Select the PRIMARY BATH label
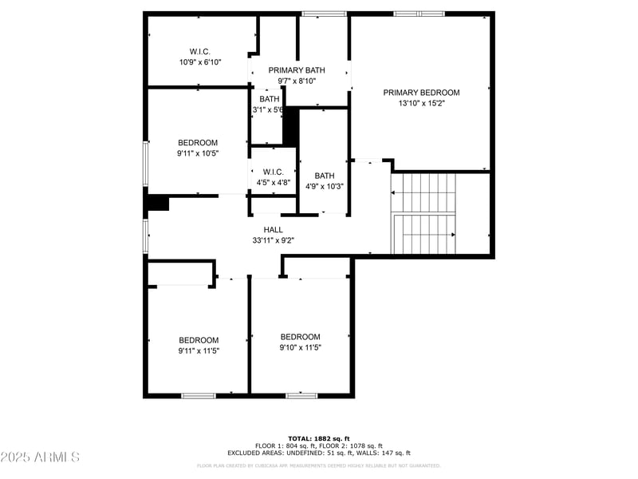click(x=297, y=70)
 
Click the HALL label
click(x=274, y=230)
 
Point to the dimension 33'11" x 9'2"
click(x=274, y=240)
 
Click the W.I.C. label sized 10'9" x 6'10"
click(x=199, y=51)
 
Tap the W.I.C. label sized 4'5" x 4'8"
click(x=274, y=172)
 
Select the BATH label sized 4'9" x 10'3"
click(x=325, y=176)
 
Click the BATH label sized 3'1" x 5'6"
click(x=269, y=99)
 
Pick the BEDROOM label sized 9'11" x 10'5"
click(x=198, y=143)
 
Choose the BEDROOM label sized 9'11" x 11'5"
click(x=199, y=339)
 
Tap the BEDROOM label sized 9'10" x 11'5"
click(x=301, y=337)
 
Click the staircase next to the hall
click(x=423, y=213)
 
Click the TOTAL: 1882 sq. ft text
click(x=319, y=438)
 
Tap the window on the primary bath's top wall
click(x=324, y=14)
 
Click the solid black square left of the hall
click(x=158, y=204)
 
